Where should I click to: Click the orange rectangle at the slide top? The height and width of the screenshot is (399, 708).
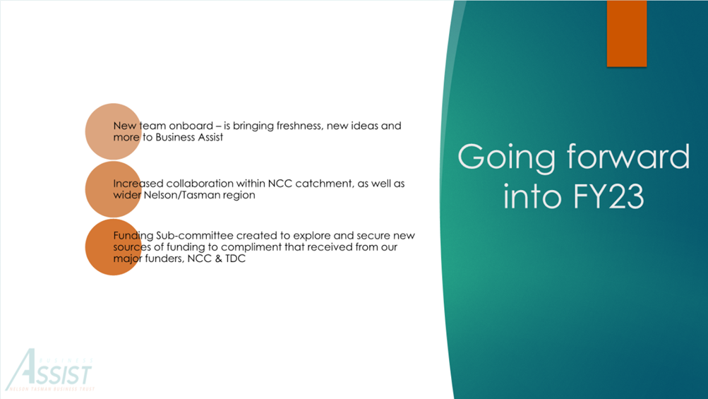[x=626, y=33]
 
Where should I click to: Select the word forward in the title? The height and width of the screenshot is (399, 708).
[x=628, y=156]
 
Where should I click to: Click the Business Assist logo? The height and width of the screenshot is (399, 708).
[x=50, y=369]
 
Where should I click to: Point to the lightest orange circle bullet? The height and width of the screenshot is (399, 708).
[x=114, y=131]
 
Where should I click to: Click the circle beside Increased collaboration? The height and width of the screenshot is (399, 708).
[x=114, y=189]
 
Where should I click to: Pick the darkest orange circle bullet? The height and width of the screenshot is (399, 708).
[x=114, y=247]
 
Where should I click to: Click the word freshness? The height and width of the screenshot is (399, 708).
[x=300, y=126]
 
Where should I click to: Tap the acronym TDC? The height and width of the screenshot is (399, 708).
[x=235, y=258]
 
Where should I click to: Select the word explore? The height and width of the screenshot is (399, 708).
[x=312, y=236]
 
